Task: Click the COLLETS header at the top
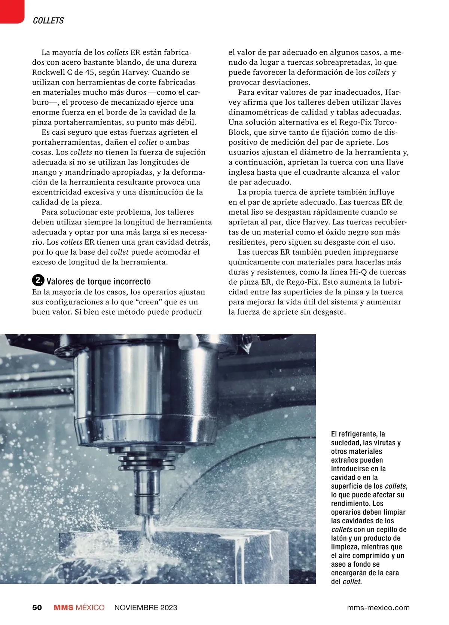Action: pos(48,21)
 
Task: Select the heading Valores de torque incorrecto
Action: pos(98,282)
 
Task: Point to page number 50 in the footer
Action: pos(37,607)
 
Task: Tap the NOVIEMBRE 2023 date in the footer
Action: pos(146,607)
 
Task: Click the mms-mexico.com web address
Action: pos(378,607)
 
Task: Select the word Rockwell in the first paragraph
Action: pos(48,72)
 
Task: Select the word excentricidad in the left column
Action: pos(57,192)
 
